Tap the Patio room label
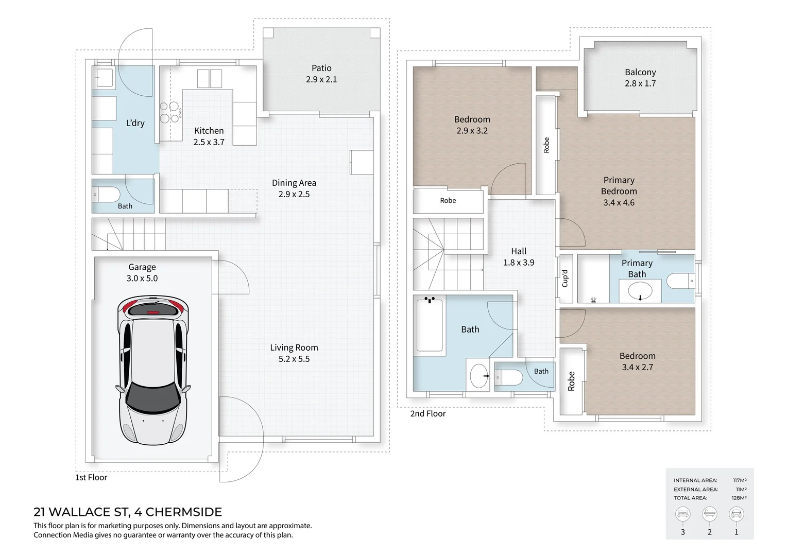(x=321, y=74)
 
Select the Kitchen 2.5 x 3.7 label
(x=209, y=136)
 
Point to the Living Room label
(x=294, y=353)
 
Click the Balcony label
(x=640, y=78)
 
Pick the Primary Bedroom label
(x=619, y=191)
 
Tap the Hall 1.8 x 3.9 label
(x=519, y=257)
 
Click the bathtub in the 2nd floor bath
(x=430, y=324)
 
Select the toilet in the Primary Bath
(x=680, y=281)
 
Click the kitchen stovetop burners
(x=169, y=112)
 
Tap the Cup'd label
(x=565, y=278)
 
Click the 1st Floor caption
(x=91, y=477)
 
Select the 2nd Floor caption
(x=428, y=413)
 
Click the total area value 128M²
(x=739, y=498)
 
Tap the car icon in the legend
(x=737, y=514)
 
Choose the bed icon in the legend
(x=682, y=514)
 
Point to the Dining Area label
(x=294, y=188)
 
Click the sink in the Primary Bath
(x=640, y=291)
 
